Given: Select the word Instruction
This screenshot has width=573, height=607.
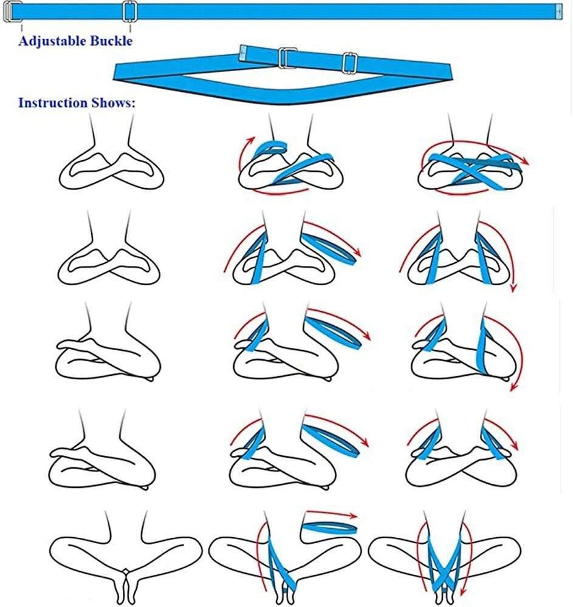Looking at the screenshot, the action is tap(53, 103).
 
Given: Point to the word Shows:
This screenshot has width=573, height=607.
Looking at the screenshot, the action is tap(114, 103).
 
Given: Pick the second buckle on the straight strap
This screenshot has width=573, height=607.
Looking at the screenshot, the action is tap(130, 11).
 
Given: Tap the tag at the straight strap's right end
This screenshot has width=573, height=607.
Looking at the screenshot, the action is tap(558, 12).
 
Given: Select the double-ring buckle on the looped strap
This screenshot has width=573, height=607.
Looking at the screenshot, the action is tap(287, 58).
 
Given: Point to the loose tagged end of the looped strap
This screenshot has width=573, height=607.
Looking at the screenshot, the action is tap(243, 53).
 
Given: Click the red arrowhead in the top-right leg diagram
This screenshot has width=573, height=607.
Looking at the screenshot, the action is tap(524, 160).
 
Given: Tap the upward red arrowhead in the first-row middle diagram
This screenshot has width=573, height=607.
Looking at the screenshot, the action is tap(251, 140).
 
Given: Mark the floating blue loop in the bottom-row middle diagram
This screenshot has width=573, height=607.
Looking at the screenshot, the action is tap(329, 527).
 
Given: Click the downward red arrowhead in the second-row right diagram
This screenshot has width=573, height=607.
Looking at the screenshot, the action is tap(513, 288).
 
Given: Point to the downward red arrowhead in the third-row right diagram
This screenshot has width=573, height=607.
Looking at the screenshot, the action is tap(513, 386).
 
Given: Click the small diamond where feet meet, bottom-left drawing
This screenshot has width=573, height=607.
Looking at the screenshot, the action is tap(125, 571).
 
